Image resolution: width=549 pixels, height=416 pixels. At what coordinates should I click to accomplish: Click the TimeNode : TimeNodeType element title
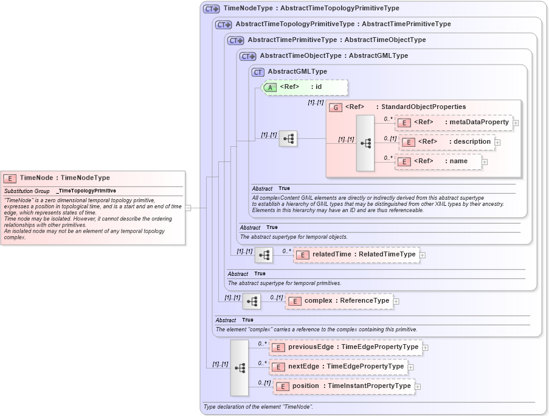click(64, 178)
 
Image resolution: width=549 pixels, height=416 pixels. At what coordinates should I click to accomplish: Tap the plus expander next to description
click(497, 142)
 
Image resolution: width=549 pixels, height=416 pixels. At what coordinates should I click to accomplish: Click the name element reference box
click(438, 161)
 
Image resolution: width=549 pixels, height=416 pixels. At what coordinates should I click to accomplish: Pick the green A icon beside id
click(270, 87)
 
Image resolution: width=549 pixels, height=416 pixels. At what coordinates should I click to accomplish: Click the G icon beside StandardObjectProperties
click(336, 107)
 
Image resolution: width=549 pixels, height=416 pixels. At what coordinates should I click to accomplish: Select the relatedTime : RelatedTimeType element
click(357, 255)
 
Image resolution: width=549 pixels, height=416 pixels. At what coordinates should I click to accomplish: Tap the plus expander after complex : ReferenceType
click(396, 301)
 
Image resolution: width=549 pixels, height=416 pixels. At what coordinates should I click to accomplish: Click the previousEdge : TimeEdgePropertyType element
click(346, 347)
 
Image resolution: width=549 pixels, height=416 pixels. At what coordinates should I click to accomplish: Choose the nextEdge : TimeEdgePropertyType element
click(338, 367)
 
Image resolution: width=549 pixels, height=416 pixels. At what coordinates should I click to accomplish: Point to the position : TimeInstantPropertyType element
click(344, 386)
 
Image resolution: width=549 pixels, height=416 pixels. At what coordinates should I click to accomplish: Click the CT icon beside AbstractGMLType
click(258, 72)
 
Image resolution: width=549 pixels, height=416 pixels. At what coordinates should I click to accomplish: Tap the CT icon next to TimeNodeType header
click(211, 9)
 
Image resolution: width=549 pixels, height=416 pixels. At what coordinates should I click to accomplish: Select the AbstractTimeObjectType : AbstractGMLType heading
click(334, 56)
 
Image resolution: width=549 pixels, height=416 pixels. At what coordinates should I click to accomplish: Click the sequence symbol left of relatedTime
click(264, 255)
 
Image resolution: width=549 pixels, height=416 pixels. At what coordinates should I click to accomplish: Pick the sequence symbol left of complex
click(252, 301)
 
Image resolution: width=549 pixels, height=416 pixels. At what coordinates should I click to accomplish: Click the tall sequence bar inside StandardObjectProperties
click(365, 143)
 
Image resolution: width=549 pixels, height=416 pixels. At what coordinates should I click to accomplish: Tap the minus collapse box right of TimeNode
click(188, 208)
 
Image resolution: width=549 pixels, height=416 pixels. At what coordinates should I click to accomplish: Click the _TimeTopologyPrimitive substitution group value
click(86, 191)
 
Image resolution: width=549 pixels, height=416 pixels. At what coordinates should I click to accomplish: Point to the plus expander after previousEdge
click(426, 348)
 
